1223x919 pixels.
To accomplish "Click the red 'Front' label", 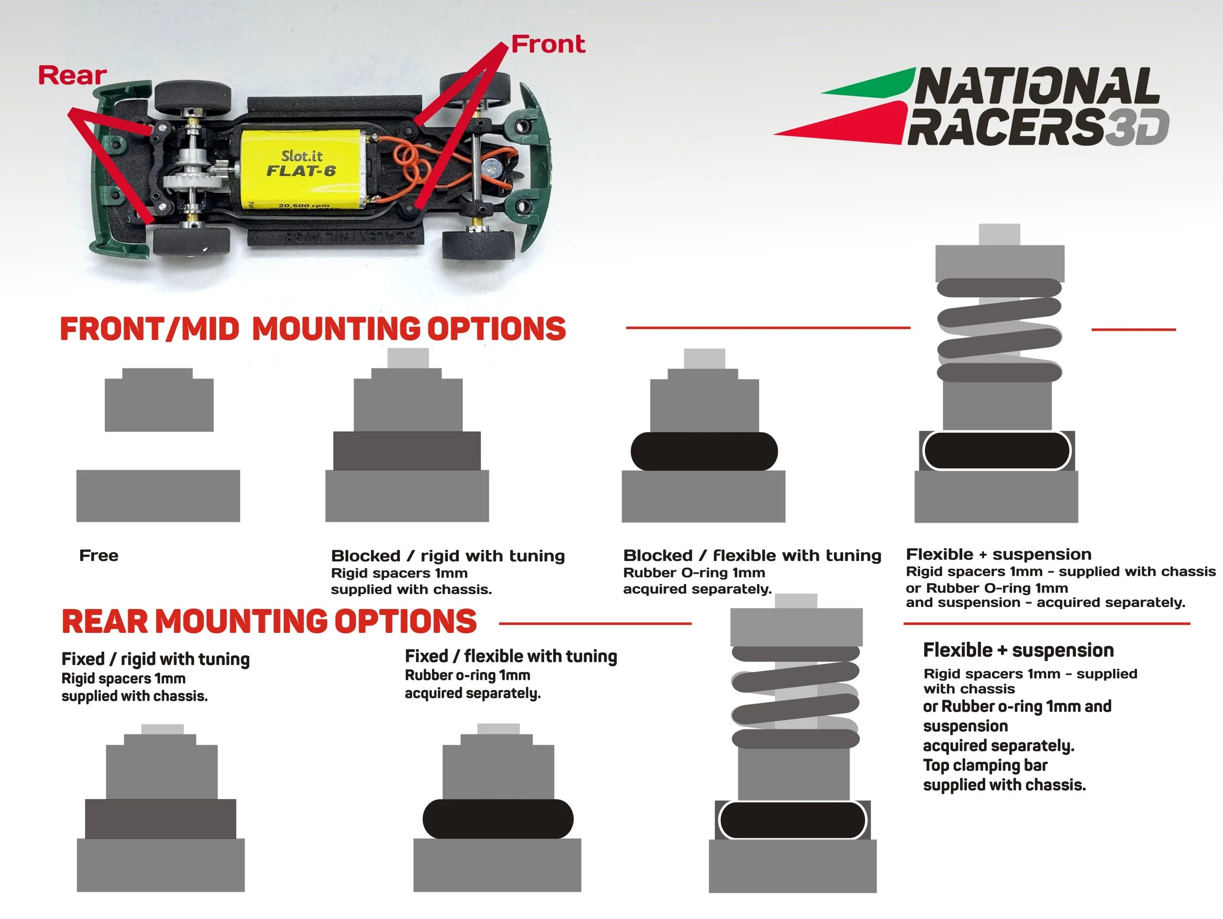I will (x=547, y=44).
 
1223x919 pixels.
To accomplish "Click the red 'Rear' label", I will (x=72, y=75).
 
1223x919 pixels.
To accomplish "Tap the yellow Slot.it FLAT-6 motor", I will (x=301, y=169).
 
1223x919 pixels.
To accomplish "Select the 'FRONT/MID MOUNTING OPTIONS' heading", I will (x=313, y=329).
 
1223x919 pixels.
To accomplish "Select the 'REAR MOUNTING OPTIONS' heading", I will (x=269, y=621).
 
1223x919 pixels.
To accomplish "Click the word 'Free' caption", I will (x=98, y=556).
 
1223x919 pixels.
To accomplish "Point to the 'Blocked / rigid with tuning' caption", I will (x=447, y=556).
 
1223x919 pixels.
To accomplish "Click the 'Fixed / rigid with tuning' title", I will (x=156, y=659).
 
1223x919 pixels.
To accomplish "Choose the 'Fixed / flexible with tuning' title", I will (x=510, y=656).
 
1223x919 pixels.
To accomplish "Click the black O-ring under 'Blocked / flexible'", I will (x=703, y=451).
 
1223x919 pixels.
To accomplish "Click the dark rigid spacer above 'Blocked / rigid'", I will (x=407, y=451).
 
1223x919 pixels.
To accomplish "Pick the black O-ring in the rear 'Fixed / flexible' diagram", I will (x=498, y=818).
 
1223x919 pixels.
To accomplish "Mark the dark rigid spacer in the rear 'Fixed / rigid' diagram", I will (x=160, y=818).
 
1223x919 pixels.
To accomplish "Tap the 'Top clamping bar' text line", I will (x=985, y=765).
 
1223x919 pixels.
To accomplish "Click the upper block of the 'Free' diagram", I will (x=159, y=401).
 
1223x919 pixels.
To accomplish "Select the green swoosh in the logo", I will (x=874, y=83).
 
